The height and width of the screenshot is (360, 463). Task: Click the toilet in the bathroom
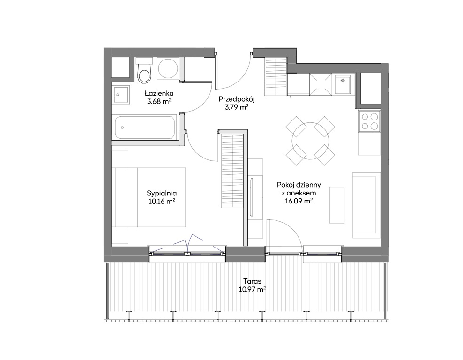tap(144, 71)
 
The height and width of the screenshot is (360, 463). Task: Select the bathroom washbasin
tap(120, 95)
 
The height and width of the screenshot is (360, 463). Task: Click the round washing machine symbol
tap(168, 68)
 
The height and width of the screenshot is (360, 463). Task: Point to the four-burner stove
tap(370, 122)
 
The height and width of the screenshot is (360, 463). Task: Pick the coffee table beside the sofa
tap(337, 205)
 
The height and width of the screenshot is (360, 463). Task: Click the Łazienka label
tap(159, 94)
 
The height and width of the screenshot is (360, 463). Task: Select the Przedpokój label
tap(237, 99)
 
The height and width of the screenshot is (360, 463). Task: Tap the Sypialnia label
tap(162, 194)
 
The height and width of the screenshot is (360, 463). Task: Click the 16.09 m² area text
tap(299, 202)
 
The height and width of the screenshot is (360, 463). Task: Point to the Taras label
tap(252, 281)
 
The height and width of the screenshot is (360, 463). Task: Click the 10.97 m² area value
tap(252, 289)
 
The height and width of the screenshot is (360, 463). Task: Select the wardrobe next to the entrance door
tap(276, 77)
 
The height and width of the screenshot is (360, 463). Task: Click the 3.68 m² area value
tap(159, 102)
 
